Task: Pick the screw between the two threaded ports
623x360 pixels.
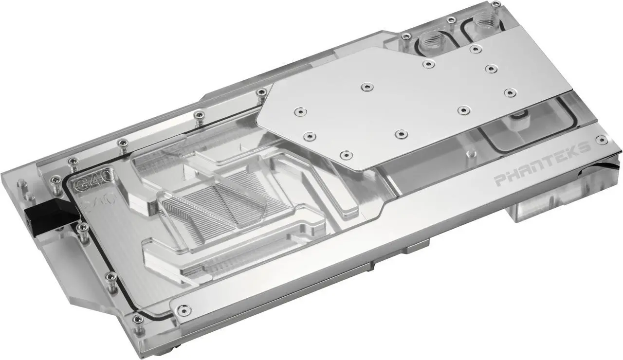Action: (x=451, y=20)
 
